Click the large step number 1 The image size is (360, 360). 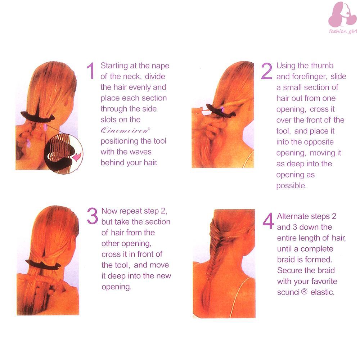click(x=91, y=71)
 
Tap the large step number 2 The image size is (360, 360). click(x=267, y=71)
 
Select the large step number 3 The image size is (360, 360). click(x=93, y=216)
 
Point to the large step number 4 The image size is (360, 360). click(x=269, y=221)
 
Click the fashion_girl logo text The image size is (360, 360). click(x=343, y=31)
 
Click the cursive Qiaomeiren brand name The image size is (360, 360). click(x=125, y=130)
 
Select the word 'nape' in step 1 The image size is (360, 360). click(x=160, y=66)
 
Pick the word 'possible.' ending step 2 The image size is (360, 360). click(x=291, y=185)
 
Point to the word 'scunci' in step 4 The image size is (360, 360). click(x=288, y=292)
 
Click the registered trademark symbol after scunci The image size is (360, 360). click(x=304, y=292)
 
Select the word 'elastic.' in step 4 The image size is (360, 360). click(x=322, y=292)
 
